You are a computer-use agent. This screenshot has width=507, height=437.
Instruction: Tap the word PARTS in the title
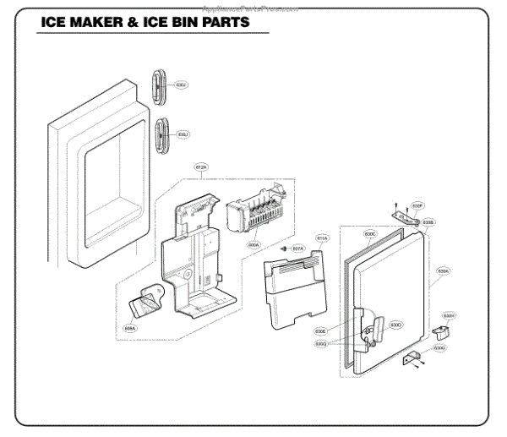(x=225, y=23)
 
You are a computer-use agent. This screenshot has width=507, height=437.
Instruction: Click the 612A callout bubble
(x=201, y=168)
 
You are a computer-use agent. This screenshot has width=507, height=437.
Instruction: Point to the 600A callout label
(x=253, y=245)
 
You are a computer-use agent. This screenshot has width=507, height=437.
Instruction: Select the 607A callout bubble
(x=297, y=249)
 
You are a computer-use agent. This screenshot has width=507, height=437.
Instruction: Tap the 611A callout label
(x=322, y=238)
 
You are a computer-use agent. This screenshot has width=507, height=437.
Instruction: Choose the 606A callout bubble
(x=129, y=326)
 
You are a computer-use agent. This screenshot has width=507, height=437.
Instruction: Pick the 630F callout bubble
(x=417, y=205)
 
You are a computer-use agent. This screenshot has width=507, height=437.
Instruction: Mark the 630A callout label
(x=443, y=271)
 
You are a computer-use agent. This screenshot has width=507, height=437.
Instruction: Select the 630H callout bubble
(x=449, y=315)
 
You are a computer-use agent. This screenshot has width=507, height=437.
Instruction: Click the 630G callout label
(x=439, y=347)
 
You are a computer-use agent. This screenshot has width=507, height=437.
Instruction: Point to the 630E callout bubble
(x=320, y=331)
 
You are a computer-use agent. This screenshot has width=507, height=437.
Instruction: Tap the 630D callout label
(x=395, y=325)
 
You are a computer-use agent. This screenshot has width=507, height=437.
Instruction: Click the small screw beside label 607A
(x=285, y=249)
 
